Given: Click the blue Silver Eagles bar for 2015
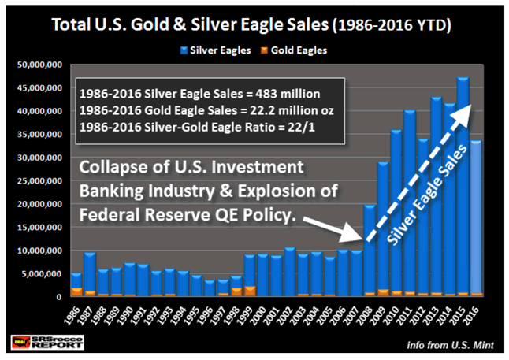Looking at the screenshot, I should tap(463, 189).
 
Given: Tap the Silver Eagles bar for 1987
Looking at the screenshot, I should tap(90, 272).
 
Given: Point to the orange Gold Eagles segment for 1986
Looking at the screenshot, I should tap(76, 292).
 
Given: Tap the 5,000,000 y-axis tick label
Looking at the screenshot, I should tap(44, 274).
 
